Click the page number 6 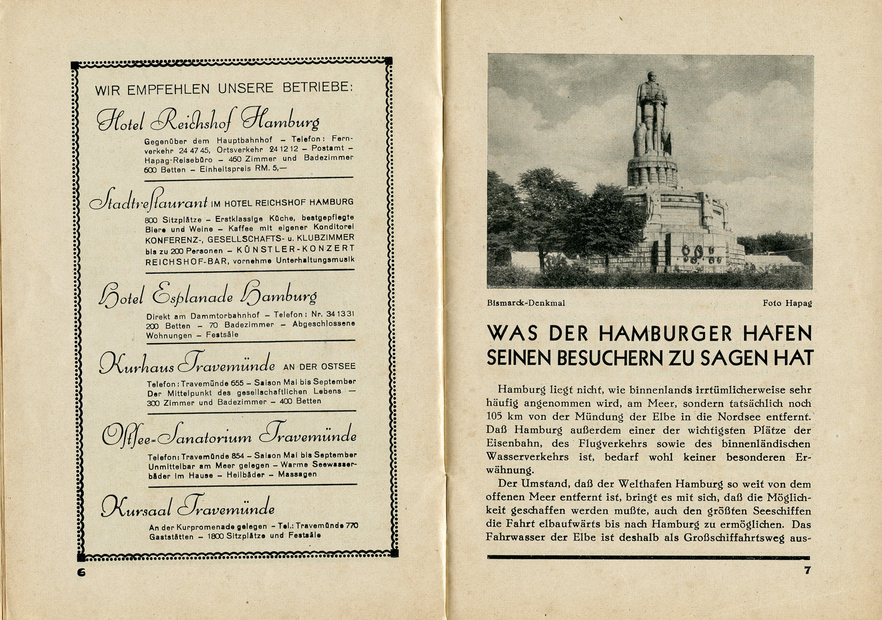(81, 572)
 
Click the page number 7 (807, 570)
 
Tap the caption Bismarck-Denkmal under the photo (526, 303)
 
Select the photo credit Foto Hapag (787, 303)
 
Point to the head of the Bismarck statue (651, 77)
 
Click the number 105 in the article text (496, 417)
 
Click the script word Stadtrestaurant (149, 201)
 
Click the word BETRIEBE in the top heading (316, 88)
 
